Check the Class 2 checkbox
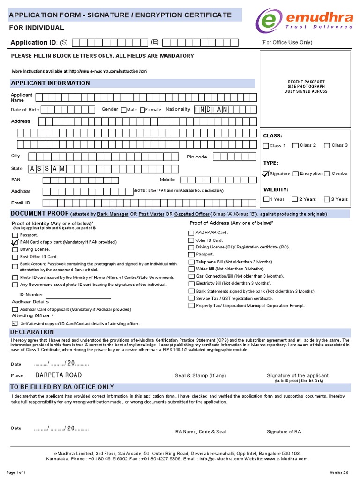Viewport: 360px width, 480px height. pos(295,146)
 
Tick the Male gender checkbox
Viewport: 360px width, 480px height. pos(123,110)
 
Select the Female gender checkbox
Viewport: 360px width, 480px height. pos(142,110)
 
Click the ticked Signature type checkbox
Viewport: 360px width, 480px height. pos(266,174)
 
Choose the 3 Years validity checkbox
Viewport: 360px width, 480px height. pos(327,199)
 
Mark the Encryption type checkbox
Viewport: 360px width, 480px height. pos(296,174)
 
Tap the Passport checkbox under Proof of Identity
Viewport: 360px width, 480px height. pos(15,235)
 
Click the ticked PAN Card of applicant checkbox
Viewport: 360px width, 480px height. pos(15,242)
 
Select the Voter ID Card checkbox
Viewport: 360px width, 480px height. pos(191,240)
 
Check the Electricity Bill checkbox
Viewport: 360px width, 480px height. pos(191,284)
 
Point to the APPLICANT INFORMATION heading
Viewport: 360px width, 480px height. pos(50,83)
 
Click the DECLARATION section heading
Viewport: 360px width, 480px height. pos(32,332)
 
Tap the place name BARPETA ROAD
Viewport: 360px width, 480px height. pos(59,375)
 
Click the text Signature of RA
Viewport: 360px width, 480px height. pos(284,432)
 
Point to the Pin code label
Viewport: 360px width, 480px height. pos(196,157)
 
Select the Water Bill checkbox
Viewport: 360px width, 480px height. pos(191,269)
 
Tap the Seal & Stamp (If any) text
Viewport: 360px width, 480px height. pos(200,376)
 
